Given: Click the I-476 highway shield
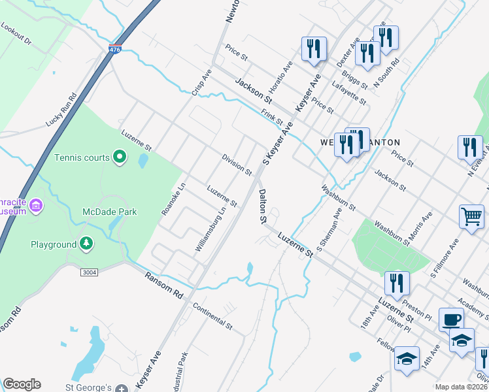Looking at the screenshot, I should coord(115,48).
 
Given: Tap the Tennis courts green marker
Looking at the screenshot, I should coord(120,157).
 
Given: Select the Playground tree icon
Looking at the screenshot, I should coord(86,244).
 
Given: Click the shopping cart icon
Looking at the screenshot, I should coord(471,216).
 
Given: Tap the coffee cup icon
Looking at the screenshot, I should coord(452,319).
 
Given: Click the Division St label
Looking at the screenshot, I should coord(237,165).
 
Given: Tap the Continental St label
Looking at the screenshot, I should coord(212,315).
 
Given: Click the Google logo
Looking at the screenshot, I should coord(22,384).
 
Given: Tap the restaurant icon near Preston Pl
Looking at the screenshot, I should coord(397,283).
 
